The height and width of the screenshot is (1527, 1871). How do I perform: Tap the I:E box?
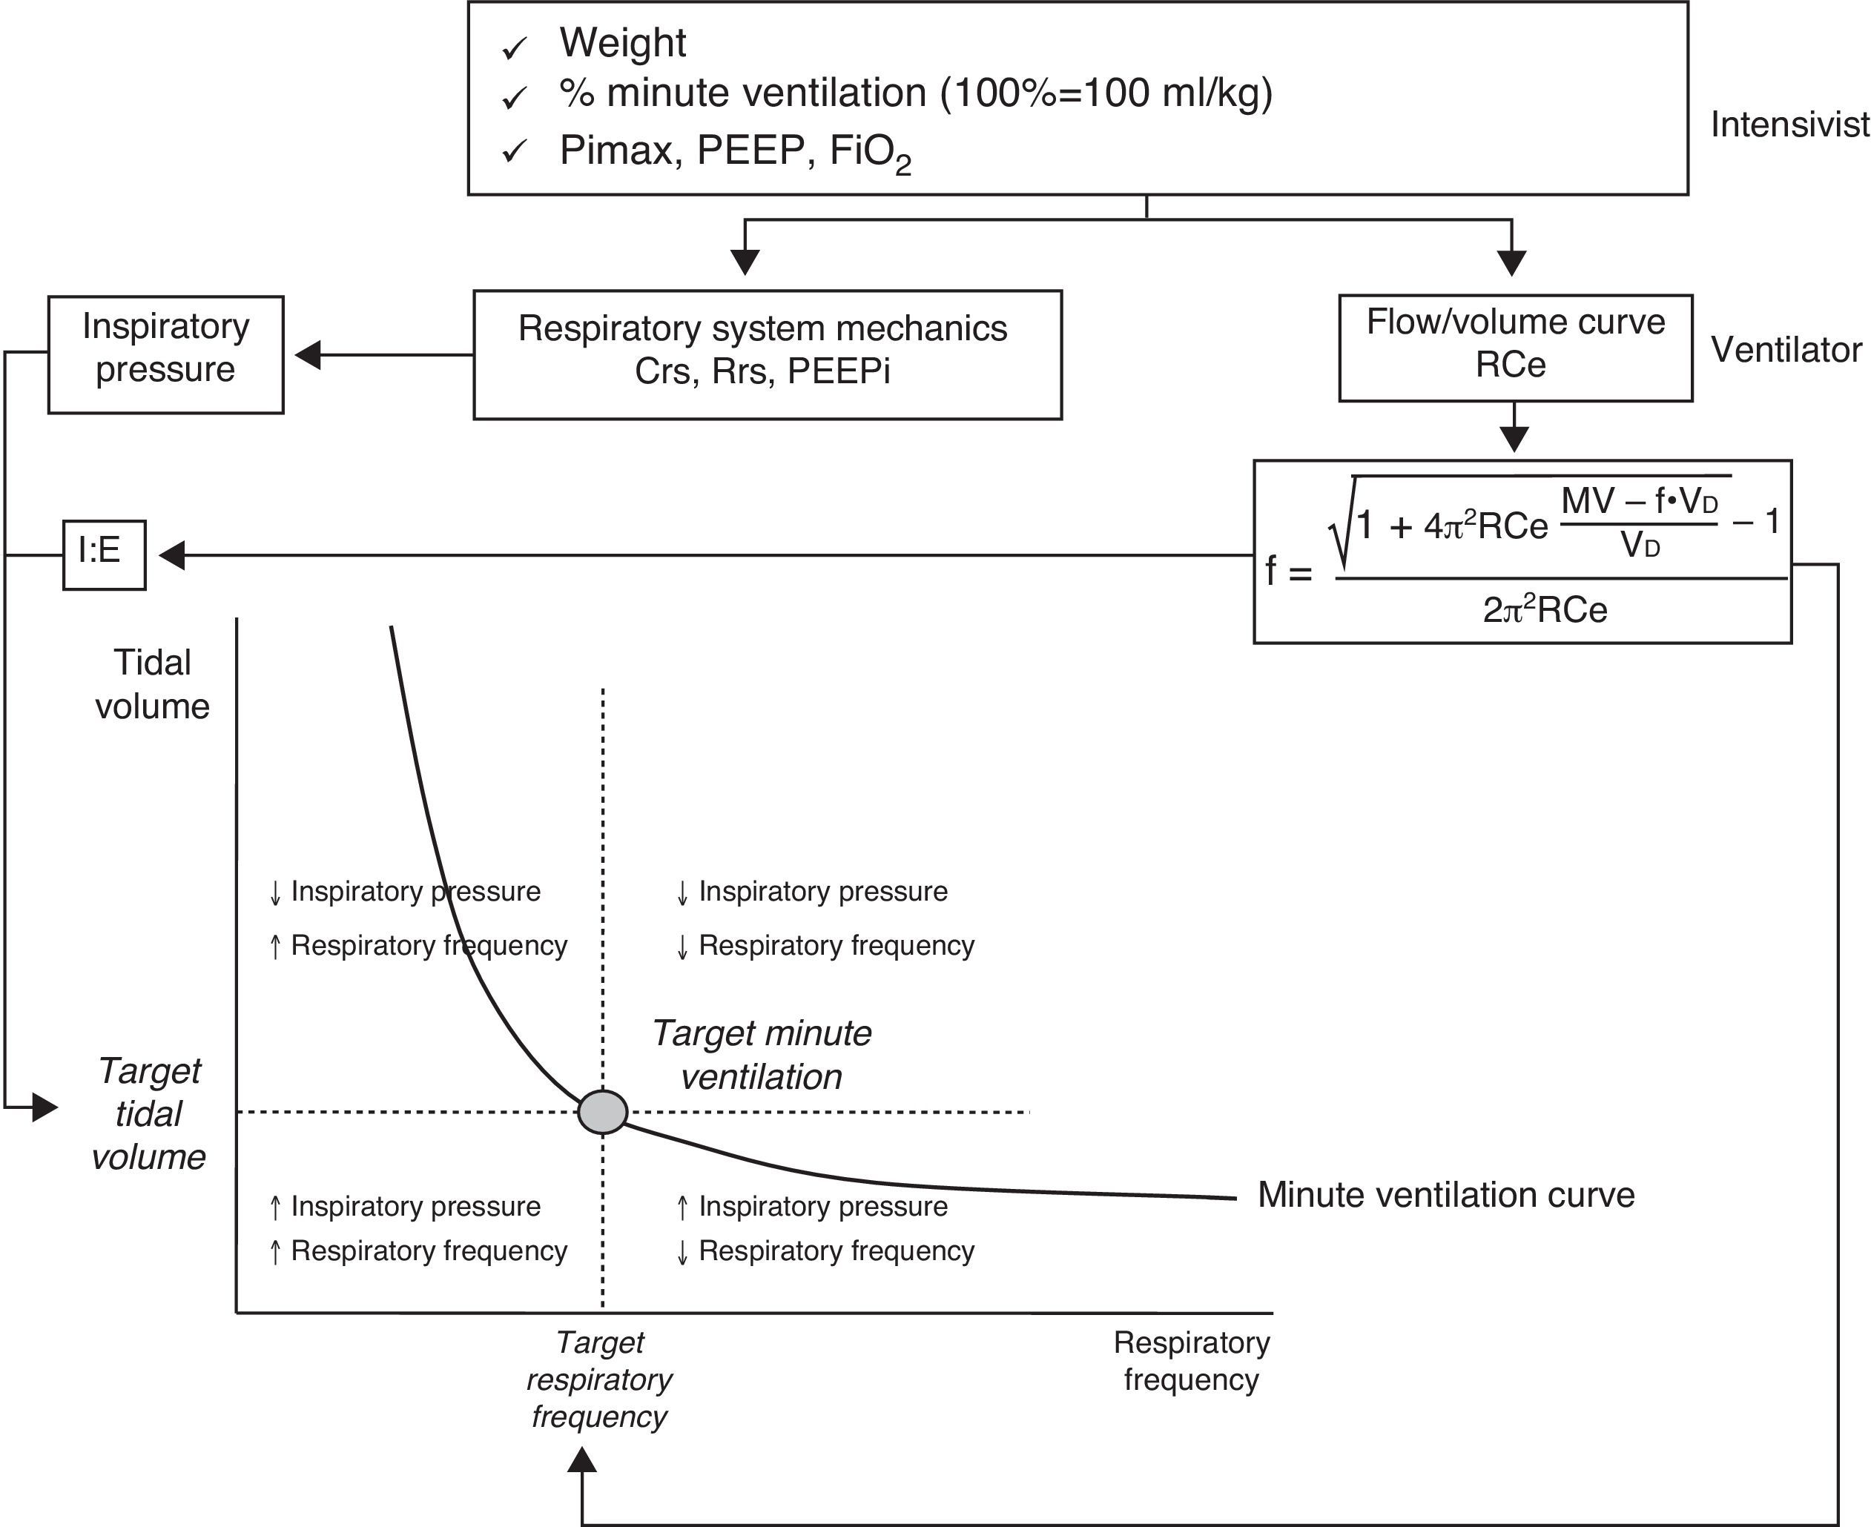pos(104,555)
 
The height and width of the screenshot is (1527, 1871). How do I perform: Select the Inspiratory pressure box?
pos(165,354)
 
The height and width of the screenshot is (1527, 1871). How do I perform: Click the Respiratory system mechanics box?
pos(768,354)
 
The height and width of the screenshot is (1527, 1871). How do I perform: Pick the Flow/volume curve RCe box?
pos(1514,348)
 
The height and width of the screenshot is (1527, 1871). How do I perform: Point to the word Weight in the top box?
pos(622,43)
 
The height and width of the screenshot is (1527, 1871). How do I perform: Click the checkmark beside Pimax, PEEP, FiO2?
pos(514,152)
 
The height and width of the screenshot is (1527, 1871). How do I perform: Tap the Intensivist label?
pos(1789,125)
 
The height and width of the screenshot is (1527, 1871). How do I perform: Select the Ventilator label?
pos(1786,350)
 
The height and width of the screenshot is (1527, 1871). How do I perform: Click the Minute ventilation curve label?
pos(1446,1194)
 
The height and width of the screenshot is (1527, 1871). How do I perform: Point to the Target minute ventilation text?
pos(762,1055)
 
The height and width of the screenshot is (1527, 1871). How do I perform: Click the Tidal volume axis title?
pos(152,684)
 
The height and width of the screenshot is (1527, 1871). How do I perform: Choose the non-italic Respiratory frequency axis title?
pos(1192,1361)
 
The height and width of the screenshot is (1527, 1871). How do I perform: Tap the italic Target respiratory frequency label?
pos(599,1379)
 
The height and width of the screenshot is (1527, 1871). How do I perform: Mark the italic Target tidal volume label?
pos(149,1113)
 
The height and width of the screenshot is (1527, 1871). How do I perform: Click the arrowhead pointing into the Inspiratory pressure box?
pos(307,355)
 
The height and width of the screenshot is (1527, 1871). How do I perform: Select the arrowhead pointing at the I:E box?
pos(171,555)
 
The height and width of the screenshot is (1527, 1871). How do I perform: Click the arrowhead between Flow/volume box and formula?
pos(1514,438)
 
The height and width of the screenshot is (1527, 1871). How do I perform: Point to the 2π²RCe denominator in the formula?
pos(1545,609)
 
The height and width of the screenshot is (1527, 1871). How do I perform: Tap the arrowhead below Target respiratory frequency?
pos(581,1460)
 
